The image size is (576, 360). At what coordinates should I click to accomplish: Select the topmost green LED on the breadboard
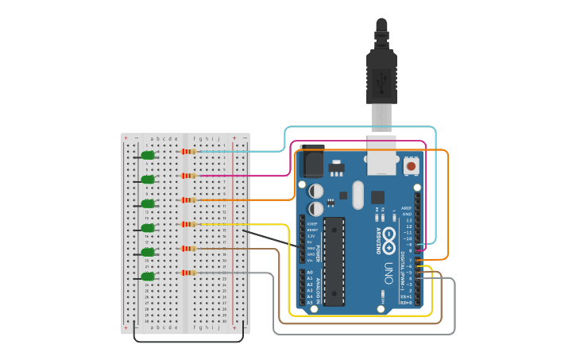click(x=147, y=156)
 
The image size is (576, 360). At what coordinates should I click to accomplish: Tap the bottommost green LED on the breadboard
click(x=147, y=277)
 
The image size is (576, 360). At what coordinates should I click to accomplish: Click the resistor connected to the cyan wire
click(x=188, y=151)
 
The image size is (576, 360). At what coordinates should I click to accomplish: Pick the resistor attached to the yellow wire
click(x=188, y=224)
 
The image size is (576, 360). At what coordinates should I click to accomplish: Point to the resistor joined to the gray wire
click(x=188, y=273)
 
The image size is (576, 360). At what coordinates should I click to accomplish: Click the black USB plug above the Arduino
click(x=381, y=75)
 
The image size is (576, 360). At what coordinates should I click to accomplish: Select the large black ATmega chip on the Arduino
click(x=334, y=261)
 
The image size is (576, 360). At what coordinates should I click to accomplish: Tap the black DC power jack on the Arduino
click(x=311, y=163)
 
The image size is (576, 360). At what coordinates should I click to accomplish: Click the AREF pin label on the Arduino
click(x=407, y=207)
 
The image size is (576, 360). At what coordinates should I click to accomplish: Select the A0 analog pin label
click(x=309, y=272)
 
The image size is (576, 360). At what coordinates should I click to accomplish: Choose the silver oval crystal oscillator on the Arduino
click(x=357, y=194)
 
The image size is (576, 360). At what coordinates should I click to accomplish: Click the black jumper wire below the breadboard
click(x=188, y=341)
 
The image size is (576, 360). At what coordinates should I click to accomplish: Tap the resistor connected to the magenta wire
click(x=188, y=176)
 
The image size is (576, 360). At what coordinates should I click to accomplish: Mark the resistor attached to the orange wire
click(x=188, y=199)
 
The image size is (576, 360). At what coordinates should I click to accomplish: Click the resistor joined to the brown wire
click(x=188, y=249)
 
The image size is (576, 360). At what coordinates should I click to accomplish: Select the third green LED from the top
click(x=147, y=204)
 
